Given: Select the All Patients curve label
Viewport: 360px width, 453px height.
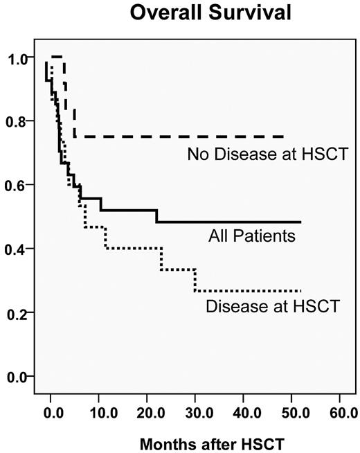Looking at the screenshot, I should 252,237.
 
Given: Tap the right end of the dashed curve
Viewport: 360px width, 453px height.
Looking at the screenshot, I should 283,136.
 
